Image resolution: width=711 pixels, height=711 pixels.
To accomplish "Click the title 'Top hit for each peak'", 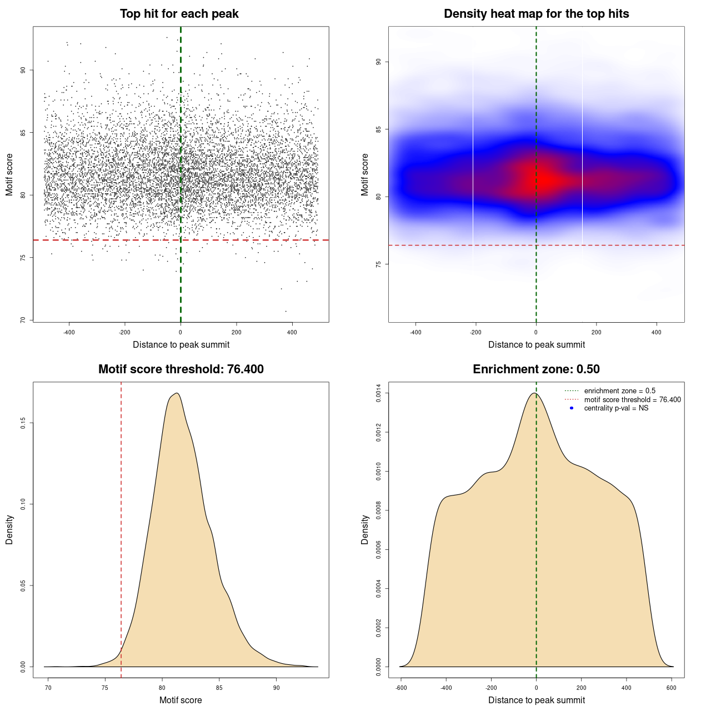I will pyautogui.click(x=179, y=14).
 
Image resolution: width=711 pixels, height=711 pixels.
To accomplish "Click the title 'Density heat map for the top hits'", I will pyautogui.click(x=536, y=14).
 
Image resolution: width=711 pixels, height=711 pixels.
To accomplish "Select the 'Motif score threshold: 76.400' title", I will pyautogui.click(x=181, y=369).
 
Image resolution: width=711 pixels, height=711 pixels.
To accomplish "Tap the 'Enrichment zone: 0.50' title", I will pyautogui.click(x=536, y=369).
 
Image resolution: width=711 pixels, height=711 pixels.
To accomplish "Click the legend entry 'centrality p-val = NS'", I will pyautogui.click(x=616, y=408).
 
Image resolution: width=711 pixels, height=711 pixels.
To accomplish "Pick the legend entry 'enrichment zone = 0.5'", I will pyautogui.click(x=619, y=391).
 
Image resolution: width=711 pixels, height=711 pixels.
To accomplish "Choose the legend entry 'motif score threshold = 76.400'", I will pyautogui.click(x=632, y=400).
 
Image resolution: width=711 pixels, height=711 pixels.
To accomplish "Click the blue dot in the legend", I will pyautogui.click(x=572, y=408).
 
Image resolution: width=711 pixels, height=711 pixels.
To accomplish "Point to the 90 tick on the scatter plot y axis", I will pyautogui.click(x=23, y=70).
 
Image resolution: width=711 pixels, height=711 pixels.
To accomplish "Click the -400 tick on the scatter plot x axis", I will pyautogui.click(x=69, y=332).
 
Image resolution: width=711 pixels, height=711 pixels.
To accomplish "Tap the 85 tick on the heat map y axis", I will pyautogui.click(x=379, y=129).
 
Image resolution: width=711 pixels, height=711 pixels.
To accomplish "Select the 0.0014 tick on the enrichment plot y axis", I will pyautogui.click(x=379, y=393).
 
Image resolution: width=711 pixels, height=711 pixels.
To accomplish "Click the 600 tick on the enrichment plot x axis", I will pyautogui.click(x=671, y=688).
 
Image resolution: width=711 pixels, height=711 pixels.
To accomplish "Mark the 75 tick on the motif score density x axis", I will pyautogui.click(x=105, y=688).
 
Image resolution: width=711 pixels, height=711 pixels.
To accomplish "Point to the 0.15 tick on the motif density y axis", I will pyautogui.click(x=23, y=423).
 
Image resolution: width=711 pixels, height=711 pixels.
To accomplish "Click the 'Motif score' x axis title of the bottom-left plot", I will pyautogui.click(x=181, y=700).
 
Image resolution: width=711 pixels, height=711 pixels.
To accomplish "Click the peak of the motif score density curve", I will pyautogui.click(x=177, y=393).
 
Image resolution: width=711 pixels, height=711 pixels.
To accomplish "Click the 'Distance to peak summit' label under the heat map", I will pyautogui.click(x=536, y=345).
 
